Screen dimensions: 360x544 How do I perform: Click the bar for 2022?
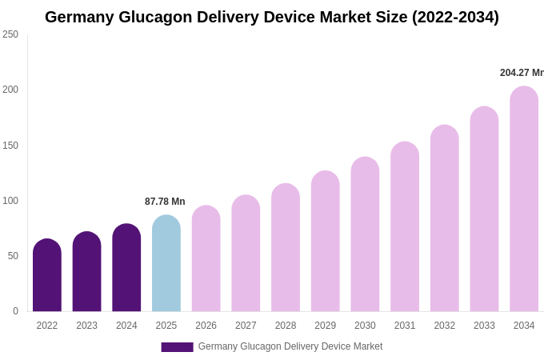47,276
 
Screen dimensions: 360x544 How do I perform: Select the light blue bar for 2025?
166,264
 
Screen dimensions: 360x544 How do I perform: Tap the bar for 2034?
524,200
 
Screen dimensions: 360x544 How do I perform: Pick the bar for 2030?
365,235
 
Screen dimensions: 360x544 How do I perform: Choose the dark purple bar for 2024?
126,268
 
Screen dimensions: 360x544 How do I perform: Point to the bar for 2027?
246,254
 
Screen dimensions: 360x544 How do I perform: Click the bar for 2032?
444,219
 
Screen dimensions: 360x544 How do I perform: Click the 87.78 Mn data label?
165,202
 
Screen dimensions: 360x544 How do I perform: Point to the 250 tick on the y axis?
10,34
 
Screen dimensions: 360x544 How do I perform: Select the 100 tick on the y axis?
10,201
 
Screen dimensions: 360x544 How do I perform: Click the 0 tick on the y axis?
15,311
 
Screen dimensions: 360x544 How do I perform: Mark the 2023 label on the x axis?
86,326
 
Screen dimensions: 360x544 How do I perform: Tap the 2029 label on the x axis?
325,326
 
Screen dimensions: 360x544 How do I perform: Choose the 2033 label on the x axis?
484,326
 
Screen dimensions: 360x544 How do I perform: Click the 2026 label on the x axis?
206,326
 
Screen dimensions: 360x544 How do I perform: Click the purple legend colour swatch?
177,346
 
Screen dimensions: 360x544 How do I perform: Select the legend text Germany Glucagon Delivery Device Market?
290,346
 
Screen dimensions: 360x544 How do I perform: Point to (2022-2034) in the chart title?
455,17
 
